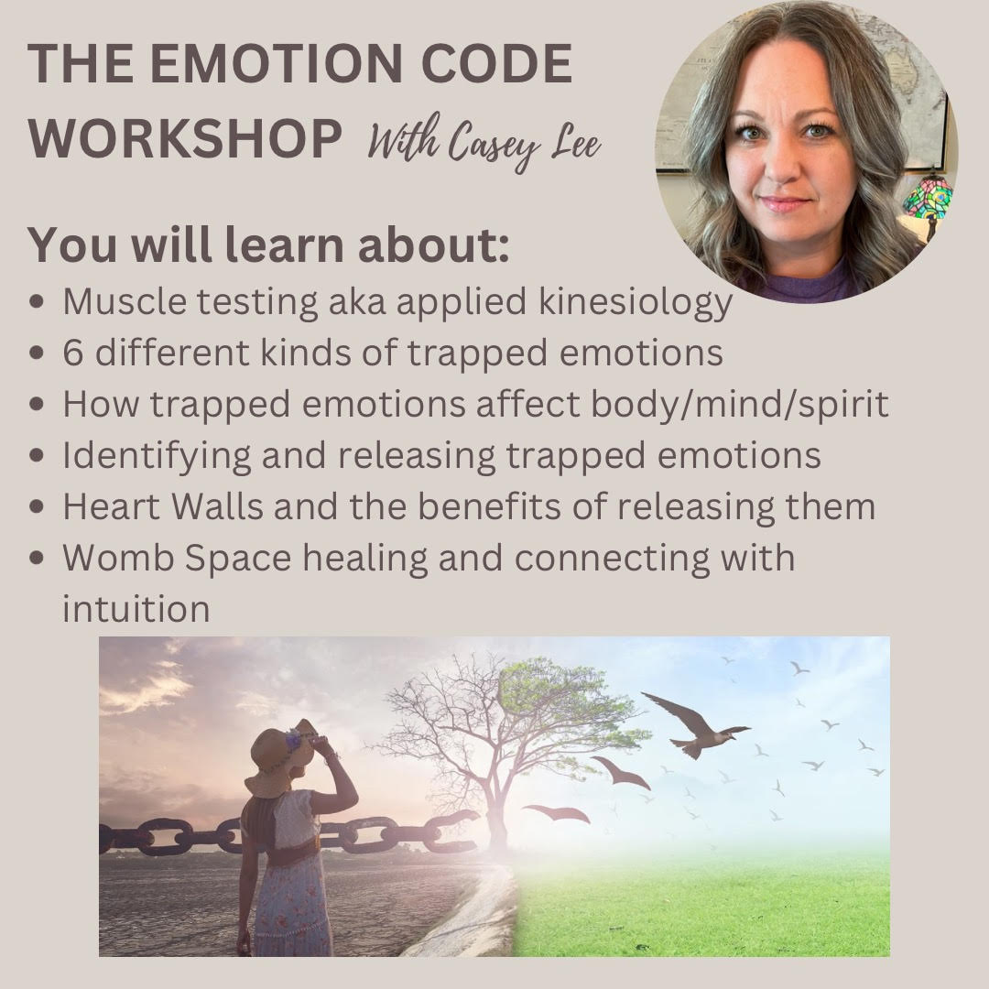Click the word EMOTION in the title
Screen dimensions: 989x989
279,63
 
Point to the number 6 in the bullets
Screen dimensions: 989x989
73,353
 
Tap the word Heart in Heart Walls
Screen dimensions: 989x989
111,506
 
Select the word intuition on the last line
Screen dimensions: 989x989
136,609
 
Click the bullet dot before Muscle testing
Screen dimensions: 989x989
37,301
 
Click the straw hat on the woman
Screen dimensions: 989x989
280,757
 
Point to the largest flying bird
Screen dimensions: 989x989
696,724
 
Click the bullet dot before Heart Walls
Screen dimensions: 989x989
37,506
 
